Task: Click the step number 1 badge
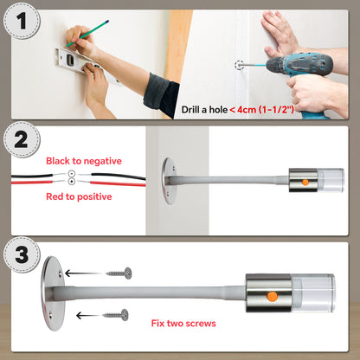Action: coord(22,21)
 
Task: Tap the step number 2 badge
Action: coord(22,139)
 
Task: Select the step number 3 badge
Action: coord(22,254)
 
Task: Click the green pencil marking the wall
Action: coord(87,34)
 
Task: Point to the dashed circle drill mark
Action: coord(239,66)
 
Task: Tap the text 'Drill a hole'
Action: coord(204,110)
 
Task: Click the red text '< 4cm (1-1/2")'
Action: coord(262,110)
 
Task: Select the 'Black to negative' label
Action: coord(84,161)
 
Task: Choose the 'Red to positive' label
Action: coord(79,196)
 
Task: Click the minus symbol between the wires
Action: coord(72,174)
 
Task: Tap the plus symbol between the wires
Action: coord(72,182)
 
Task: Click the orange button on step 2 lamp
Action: coord(305,183)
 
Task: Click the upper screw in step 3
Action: coord(119,273)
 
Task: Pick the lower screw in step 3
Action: coord(116,315)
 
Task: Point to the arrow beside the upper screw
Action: coord(84,273)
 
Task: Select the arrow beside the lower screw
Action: coord(89,315)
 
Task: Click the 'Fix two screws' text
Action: coord(183,323)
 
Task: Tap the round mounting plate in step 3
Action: coord(53,293)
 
